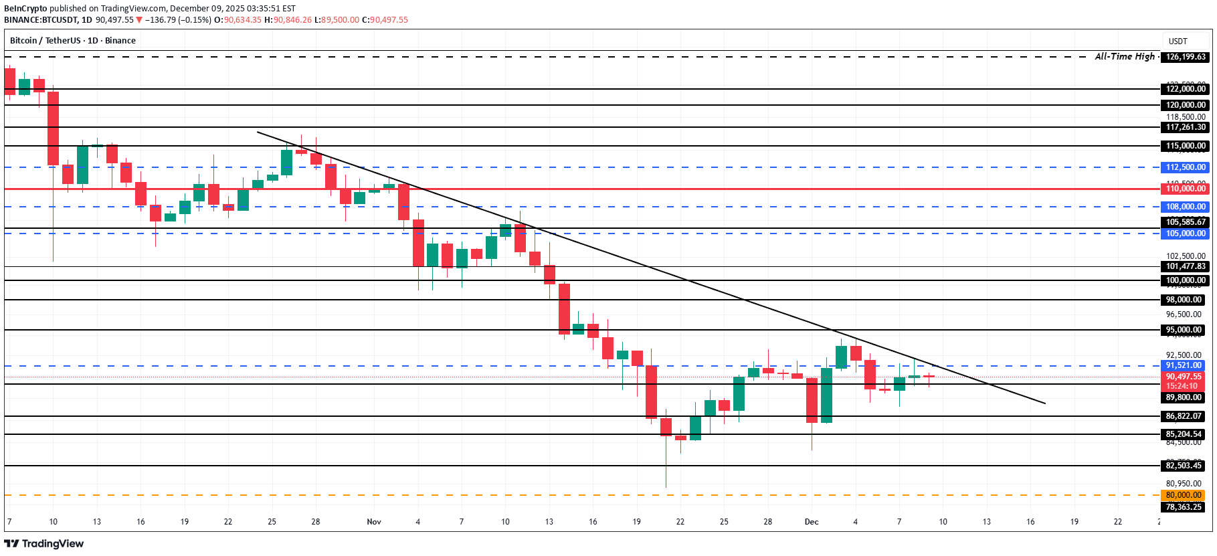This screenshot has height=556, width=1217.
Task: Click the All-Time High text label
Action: point(1125,57)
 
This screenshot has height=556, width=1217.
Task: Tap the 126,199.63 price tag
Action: point(1186,57)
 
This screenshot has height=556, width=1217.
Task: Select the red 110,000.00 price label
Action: point(1186,189)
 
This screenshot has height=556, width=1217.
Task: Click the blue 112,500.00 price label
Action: point(1186,167)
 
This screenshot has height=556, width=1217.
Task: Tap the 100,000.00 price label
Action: point(1186,280)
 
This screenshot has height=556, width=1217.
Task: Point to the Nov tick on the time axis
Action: point(374,522)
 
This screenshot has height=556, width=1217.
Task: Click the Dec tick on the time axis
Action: point(812,522)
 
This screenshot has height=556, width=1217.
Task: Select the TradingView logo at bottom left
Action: point(44,543)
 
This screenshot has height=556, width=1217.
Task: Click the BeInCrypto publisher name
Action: point(25,9)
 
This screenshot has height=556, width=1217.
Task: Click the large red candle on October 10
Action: point(53,127)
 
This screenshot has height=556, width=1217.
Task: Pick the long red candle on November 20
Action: point(651,392)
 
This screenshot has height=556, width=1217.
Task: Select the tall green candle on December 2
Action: point(826,395)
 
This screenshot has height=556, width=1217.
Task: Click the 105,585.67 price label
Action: point(1186,222)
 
